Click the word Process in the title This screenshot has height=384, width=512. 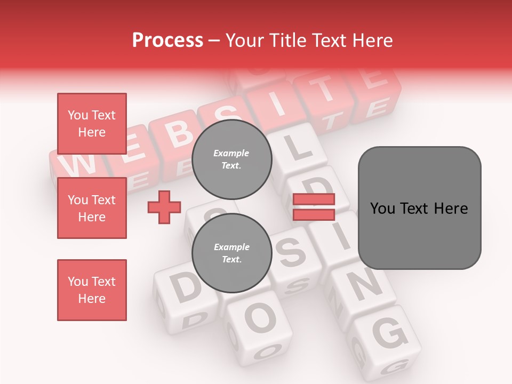(167, 40)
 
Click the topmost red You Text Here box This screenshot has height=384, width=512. (92, 124)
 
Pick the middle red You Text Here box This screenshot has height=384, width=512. (92, 208)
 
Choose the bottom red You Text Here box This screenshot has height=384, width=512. (92, 290)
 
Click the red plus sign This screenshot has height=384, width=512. (164, 207)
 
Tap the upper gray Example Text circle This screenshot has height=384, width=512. (231, 159)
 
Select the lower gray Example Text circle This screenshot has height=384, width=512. (231, 253)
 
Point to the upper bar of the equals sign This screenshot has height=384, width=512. (314, 199)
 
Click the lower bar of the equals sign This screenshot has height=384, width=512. (314, 214)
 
